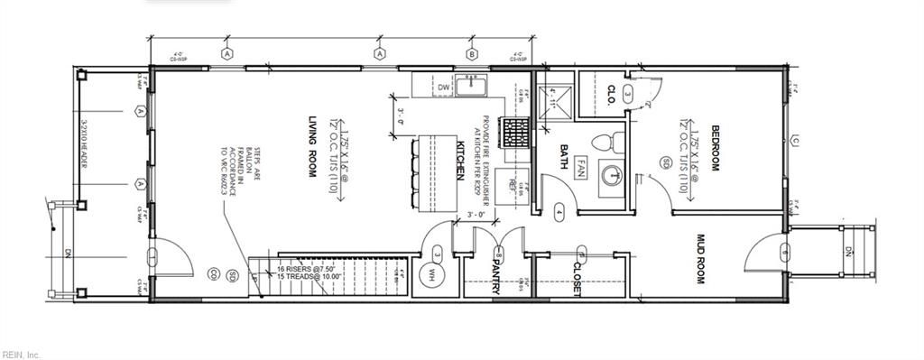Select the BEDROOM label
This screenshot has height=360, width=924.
click(714, 148)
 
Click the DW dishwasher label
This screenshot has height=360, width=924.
click(443, 87)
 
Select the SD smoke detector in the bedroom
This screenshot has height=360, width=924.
click(666, 162)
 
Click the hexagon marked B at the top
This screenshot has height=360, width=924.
click(471, 54)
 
